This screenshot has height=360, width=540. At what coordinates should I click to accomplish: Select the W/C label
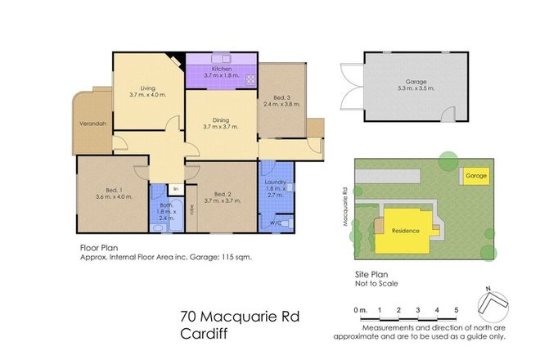coord(276,222)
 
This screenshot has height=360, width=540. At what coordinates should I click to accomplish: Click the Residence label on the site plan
coord(406,231)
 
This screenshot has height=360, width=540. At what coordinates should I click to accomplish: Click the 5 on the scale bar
coord(455,310)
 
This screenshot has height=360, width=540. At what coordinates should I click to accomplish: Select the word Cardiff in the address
coord(203,333)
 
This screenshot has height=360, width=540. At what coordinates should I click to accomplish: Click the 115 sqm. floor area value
coord(236,256)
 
